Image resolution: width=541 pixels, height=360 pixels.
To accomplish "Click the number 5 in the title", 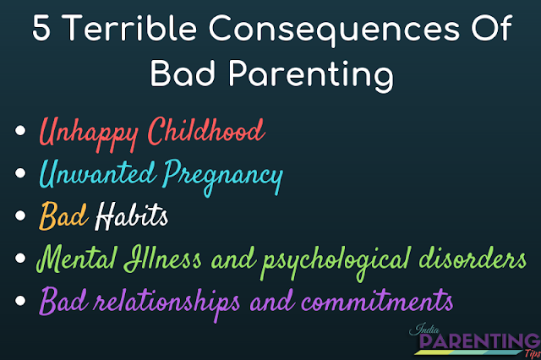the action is point(41,28).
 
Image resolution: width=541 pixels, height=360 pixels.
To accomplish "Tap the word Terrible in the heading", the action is point(130,28).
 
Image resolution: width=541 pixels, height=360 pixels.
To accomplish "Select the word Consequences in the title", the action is point(334,30).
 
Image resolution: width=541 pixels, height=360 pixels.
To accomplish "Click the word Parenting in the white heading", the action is point(311,75).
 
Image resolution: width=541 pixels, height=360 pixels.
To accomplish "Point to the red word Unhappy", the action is point(89,134).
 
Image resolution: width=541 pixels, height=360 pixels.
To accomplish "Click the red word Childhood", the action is point(206,130).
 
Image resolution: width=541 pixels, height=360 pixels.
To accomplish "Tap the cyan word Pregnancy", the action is point(223,177).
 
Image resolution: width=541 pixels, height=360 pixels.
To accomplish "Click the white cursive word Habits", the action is point(132,215).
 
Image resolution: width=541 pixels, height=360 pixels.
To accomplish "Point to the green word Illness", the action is point(162,258).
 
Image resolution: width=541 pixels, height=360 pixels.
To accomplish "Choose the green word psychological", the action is point(336,262).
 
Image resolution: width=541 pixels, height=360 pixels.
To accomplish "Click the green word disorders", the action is point(473,258).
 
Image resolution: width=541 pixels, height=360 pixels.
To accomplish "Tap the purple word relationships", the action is point(167,303).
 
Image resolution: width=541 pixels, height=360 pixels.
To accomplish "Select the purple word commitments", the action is point(377,300).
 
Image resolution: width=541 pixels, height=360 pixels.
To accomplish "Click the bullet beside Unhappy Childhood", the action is point(20,130).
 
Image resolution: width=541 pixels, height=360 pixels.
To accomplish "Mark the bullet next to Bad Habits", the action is point(20,215).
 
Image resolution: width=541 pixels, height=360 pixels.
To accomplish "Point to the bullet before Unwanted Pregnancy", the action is point(20,172).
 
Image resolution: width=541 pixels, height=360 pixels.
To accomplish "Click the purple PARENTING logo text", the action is point(479,341).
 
